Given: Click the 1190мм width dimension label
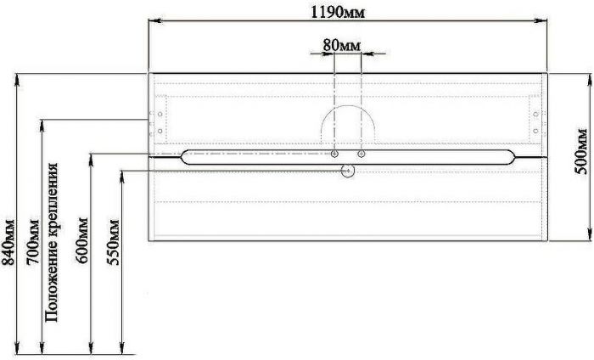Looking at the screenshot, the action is point(338,12).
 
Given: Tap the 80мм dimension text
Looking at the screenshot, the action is point(342,46).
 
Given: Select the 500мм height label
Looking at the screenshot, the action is point(580,152).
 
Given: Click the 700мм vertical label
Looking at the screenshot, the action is point(32,242).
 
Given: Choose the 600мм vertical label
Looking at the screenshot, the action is point(81,240).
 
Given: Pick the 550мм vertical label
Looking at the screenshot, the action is point(113,242).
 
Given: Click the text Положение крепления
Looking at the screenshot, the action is point(52,243).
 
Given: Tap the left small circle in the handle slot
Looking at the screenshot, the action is point(334,154).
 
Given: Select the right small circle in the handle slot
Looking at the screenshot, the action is point(361,154).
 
